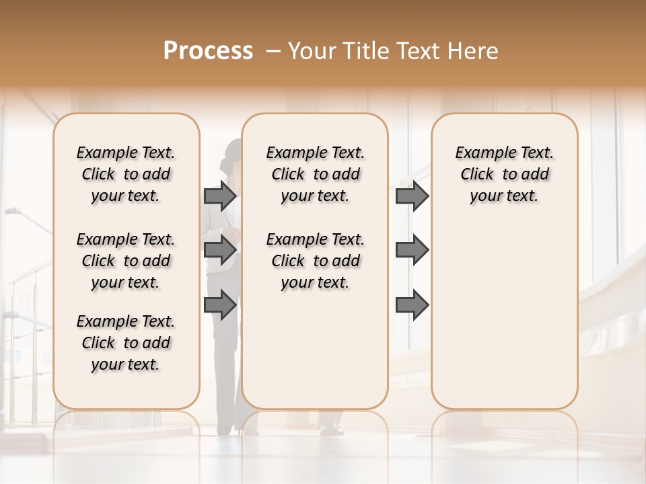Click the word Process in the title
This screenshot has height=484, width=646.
208,51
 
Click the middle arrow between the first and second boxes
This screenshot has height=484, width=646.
220,250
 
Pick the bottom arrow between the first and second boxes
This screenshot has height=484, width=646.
220,305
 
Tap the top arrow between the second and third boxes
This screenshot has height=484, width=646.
412,196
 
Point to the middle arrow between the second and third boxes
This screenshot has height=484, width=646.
412,250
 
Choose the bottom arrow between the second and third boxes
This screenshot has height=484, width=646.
412,305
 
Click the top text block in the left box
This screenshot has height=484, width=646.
126,174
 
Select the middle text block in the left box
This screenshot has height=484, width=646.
126,261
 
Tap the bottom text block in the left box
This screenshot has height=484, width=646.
126,343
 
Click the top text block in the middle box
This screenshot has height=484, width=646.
315,174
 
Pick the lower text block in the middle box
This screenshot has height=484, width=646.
315,261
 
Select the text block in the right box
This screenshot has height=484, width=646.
504,174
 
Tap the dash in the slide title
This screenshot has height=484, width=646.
273,51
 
